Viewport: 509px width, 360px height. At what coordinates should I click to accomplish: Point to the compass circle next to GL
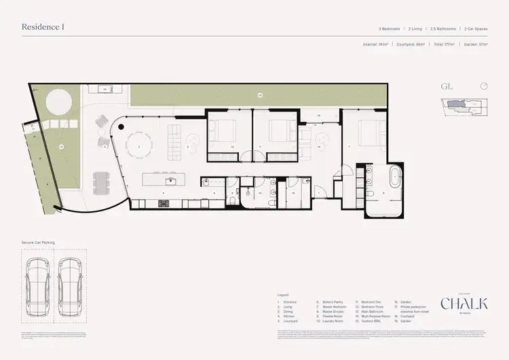click(483, 86)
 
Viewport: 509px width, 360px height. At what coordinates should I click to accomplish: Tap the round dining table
click(138, 146)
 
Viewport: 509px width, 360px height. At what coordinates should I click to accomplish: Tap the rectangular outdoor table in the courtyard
click(102, 182)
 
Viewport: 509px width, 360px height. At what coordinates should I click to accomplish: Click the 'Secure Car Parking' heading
click(39, 242)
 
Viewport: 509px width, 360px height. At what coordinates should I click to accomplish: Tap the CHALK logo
click(464, 304)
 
